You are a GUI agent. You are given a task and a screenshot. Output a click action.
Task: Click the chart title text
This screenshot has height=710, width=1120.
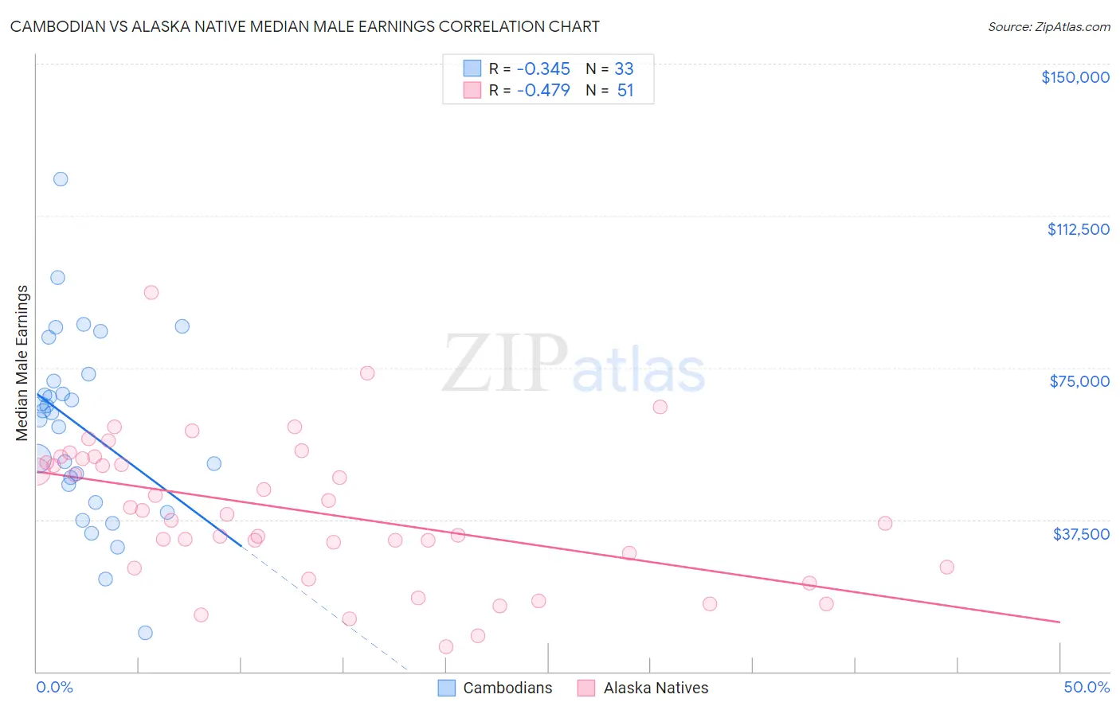(x=304, y=26)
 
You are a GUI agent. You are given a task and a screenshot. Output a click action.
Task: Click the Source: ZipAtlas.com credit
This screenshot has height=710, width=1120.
(x=1048, y=26)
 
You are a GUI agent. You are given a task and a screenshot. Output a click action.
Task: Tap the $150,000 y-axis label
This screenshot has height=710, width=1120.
(x=1075, y=77)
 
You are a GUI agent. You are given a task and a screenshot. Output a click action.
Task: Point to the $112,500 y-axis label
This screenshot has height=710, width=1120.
(x=1078, y=229)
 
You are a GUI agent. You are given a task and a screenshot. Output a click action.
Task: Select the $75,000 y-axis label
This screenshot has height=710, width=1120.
(x=1079, y=381)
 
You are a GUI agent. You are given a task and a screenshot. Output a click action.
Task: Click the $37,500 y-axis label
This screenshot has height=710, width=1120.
(x=1081, y=534)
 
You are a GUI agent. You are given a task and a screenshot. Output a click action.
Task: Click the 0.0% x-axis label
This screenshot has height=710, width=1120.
(x=54, y=687)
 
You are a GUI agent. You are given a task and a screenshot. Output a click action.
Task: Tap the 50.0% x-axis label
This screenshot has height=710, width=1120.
(x=1087, y=687)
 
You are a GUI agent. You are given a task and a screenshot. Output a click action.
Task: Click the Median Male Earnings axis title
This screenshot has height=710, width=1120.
(x=22, y=363)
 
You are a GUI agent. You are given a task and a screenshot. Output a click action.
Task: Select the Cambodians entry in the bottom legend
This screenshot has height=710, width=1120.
(x=507, y=688)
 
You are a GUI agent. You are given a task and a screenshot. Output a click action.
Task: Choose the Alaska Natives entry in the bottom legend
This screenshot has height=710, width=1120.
(x=655, y=688)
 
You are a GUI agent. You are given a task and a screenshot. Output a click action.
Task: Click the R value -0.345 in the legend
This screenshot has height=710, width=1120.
(x=543, y=68)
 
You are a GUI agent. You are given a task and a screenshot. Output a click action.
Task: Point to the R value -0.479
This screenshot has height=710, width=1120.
(x=543, y=90)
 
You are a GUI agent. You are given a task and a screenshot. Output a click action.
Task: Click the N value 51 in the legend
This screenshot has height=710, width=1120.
(x=625, y=90)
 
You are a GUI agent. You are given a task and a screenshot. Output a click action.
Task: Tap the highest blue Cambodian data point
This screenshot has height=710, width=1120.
(x=61, y=179)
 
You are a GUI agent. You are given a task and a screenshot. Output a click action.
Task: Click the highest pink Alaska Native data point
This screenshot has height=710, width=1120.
(x=151, y=292)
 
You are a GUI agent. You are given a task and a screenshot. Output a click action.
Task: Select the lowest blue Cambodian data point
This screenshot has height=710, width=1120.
(x=145, y=633)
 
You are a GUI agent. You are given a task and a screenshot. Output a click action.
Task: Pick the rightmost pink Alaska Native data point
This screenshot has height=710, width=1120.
(x=946, y=568)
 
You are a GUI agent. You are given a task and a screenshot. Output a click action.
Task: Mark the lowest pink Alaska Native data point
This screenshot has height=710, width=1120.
(x=446, y=646)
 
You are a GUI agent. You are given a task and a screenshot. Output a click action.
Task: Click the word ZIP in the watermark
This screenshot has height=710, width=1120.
(x=505, y=365)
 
